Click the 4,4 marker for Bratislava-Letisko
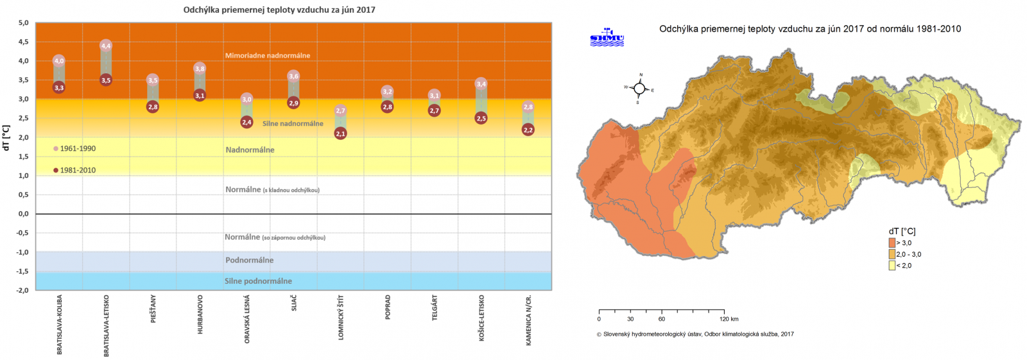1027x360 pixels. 106,46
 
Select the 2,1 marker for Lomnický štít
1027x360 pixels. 340,133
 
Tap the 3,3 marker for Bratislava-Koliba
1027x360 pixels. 59,88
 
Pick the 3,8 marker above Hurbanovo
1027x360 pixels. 200,69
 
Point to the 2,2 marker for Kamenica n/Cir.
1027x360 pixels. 528,130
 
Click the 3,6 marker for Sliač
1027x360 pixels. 293,76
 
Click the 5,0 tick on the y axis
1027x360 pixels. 24,23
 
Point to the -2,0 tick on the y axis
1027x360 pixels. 22,290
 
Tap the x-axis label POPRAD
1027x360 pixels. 388,307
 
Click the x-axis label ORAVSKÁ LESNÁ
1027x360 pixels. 247,319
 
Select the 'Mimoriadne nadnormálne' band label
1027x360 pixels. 268,56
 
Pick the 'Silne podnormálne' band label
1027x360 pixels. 258,281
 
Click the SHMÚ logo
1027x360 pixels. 607,38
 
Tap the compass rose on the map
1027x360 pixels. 639,89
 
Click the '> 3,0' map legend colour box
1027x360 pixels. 892,243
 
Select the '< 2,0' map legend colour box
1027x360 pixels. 892,266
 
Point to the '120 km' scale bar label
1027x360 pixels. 729,319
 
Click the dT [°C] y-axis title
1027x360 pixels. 7,138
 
